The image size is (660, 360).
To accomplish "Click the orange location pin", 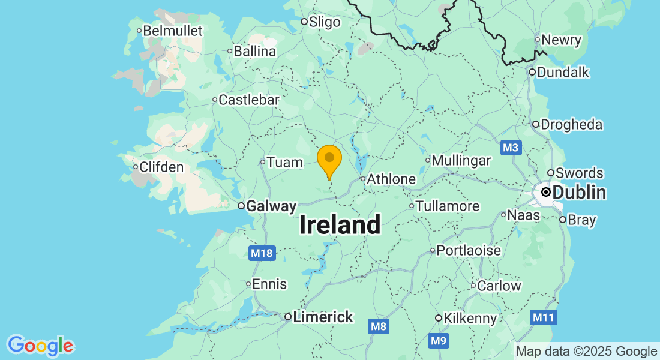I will [x=329, y=160].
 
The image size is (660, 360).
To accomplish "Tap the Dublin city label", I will [x=578, y=193].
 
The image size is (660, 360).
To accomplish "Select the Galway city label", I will [x=271, y=206].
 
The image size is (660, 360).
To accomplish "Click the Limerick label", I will [x=323, y=317].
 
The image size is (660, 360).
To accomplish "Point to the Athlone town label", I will [x=391, y=179].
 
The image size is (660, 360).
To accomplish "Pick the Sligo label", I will [x=324, y=22].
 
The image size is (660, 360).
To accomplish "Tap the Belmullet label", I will [x=173, y=31].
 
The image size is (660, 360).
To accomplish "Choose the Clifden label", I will [x=161, y=167].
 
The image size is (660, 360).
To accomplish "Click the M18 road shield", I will [x=262, y=253].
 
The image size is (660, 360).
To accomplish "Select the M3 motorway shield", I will [x=510, y=148].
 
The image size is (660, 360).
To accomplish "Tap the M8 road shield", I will [x=378, y=326].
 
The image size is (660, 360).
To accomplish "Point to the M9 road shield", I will [x=439, y=341].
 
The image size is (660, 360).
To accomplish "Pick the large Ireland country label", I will [x=340, y=225].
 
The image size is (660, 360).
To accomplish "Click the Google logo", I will [x=40, y=346].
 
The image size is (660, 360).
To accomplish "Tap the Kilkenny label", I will [x=470, y=318].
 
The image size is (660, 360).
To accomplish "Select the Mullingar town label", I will [x=461, y=161].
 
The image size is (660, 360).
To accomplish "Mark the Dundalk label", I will [x=563, y=73].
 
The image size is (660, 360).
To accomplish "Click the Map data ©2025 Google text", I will [x=586, y=352].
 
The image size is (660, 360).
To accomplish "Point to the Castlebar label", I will [x=248, y=100].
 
